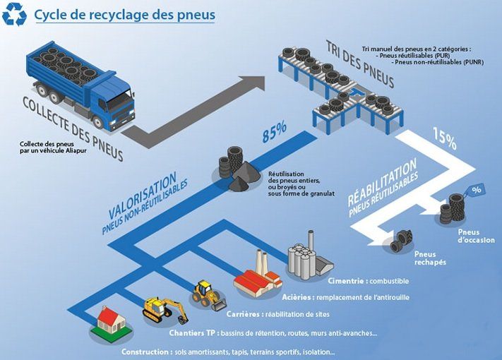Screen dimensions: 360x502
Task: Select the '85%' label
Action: [x=274, y=131]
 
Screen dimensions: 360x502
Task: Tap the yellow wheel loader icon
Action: [x=205, y=294]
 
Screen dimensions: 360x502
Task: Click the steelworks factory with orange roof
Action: [x=258, y=280]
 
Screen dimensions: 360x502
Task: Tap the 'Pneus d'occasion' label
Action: [x=476, y=236]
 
